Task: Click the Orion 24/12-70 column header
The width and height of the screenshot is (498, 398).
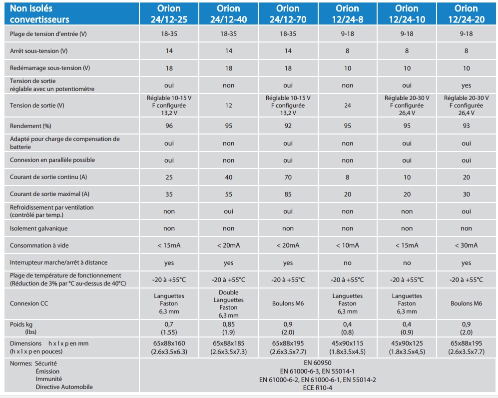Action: pyautogui.click(x=288, y=14)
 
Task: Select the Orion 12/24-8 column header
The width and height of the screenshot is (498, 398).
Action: pyautogui.click(x=347, y=14)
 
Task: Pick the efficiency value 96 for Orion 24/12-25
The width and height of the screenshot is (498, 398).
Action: pyautogui.click(x=169, y=126)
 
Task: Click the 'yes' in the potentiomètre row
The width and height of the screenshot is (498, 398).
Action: pyautogui.click(x=466, y=85)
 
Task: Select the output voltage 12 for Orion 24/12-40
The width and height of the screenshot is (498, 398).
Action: pyautogui.click(x=228, y=105)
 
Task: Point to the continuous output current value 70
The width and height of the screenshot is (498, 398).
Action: pyautogui.click(x=288, y=177)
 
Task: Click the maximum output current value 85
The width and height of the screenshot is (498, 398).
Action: pyautogui.click(x=288, y=194)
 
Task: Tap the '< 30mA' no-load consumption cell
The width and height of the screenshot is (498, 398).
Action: pyautogui.click(x=466, y=245)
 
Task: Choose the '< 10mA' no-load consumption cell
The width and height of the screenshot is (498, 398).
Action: pyautogui.click(x=347, y=245)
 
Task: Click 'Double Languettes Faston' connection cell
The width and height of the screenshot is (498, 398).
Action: pyautogui.click(x=228, y=303)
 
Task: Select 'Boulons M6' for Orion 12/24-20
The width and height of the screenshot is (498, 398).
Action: pyautogui.click(x=466, y=303)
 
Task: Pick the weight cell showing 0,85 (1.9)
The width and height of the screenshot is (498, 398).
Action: pyautogui.click(x=228, y=327)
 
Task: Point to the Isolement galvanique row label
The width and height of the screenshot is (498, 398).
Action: pyautogui.click(x=39, y=228)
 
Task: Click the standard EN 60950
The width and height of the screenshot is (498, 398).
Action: pyautogui.click(x=318, y=363)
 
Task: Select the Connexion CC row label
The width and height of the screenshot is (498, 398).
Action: pyautogui.click(x=29, y=303)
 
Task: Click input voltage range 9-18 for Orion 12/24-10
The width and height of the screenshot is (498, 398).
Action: pyautogui.click(x=407, y=33)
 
